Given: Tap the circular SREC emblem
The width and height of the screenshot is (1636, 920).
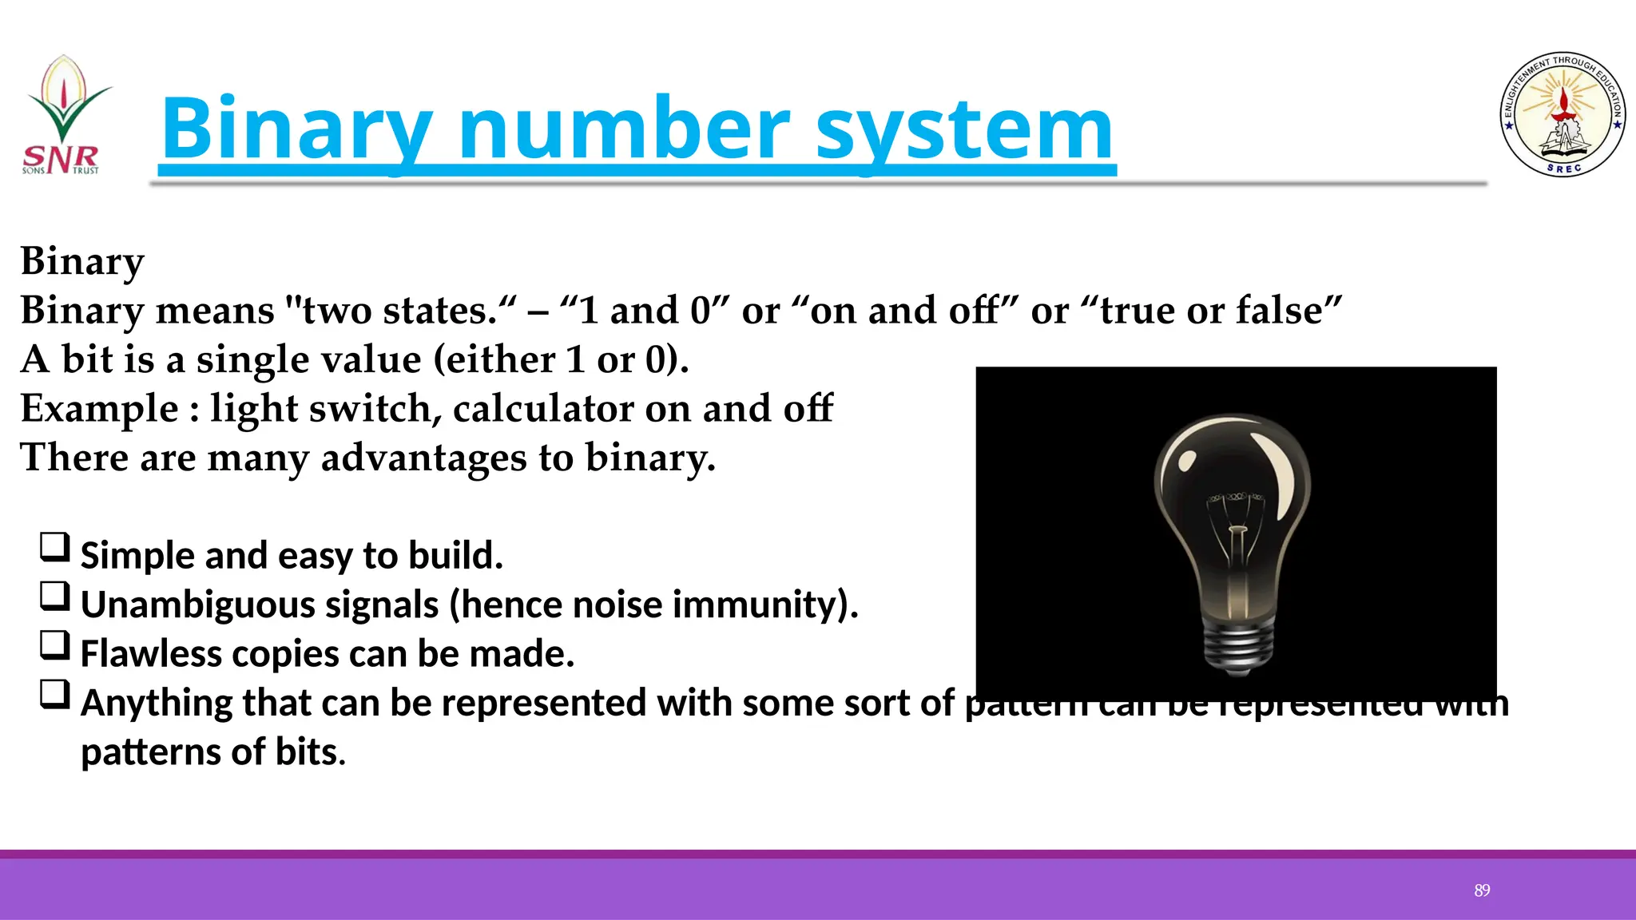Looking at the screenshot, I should (1563, 115).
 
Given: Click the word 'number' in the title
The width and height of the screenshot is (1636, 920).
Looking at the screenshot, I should (624, 129).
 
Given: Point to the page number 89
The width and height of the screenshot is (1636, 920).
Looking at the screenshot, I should (1482, 890).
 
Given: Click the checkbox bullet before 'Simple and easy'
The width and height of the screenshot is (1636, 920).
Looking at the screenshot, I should (55, 548).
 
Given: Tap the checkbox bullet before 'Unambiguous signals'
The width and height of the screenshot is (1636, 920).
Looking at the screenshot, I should (55, 597).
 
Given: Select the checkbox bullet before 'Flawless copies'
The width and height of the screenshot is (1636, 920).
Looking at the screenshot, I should (55, 645).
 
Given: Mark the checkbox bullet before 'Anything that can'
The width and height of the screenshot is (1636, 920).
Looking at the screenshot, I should (55, 695).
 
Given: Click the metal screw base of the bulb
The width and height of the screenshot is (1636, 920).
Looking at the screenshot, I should (1238, 648).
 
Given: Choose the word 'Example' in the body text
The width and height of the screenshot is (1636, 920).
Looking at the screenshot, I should (99, 409).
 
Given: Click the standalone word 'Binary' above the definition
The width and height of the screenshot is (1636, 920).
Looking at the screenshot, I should (82, 262).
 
